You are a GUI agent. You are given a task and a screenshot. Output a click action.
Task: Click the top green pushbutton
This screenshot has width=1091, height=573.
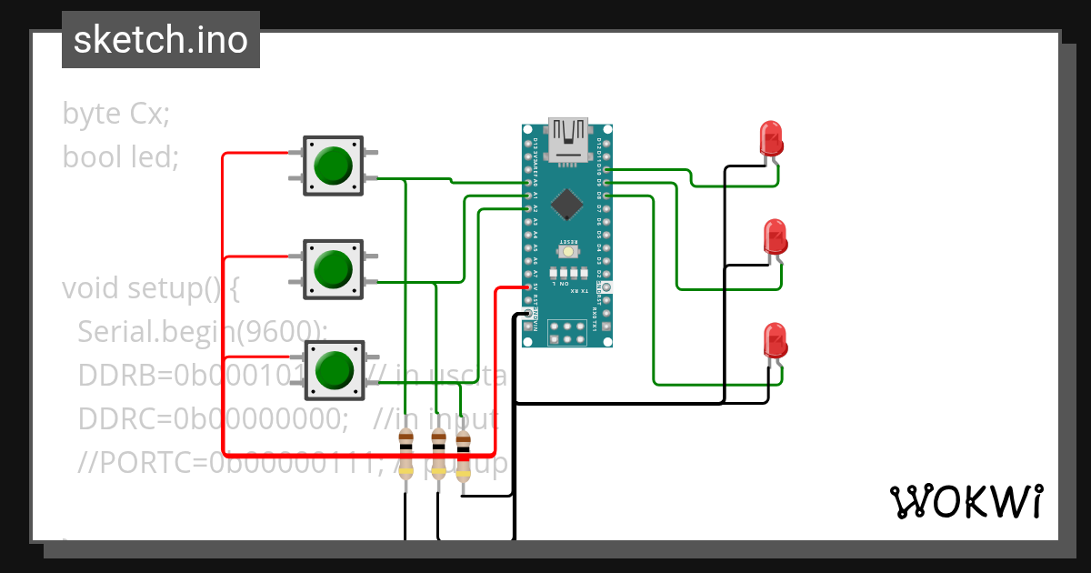tap(333, 166)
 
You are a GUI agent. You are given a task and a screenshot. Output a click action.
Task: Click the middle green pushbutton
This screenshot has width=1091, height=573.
tap(333, 269)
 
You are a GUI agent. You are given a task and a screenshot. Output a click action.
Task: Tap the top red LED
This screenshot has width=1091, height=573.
tap(771, 139)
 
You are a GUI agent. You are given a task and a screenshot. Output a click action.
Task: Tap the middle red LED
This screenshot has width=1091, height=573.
tap(775, 237)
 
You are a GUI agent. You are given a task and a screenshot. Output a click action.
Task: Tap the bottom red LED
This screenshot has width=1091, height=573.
tap(775, 341)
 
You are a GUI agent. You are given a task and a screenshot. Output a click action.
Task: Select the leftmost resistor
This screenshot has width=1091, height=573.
tap(406, 456)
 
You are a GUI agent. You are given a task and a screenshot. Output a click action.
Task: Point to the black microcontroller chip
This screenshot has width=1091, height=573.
tap(567, 204)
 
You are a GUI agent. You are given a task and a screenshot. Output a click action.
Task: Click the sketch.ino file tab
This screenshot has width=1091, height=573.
tap(161, 40)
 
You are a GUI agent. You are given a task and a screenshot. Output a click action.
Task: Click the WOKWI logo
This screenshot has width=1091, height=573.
tap(965, 501)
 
